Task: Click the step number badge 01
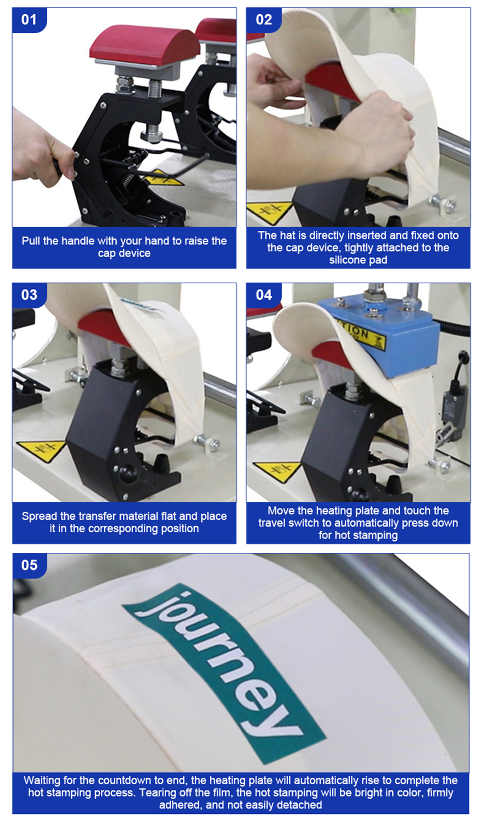pyautogui.click(x=29, y=19)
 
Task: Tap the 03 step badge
pyautogui.click(x=29, y=295)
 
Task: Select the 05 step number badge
pyautogui.click(x=29, y=565)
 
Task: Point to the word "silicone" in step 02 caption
pyautogui.click(x=349, y=260)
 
